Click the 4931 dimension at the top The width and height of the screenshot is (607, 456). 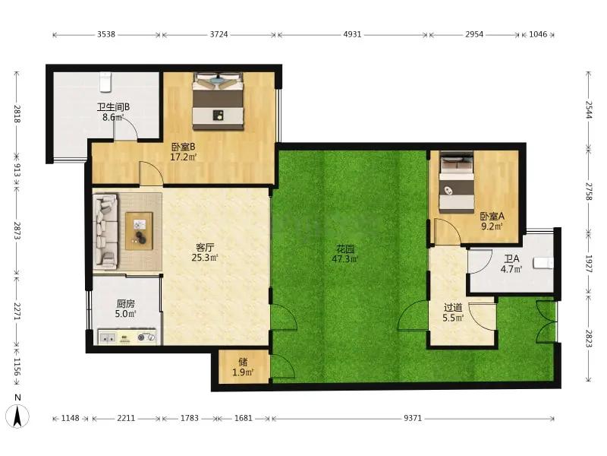coord(352,34)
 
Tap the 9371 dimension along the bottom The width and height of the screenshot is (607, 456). coord(413,418)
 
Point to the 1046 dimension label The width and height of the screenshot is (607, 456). coord(538,34)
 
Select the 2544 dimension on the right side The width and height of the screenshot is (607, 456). coord(589,109)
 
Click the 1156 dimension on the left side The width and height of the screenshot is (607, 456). coord(17,366)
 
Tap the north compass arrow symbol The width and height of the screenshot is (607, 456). coord(17,416)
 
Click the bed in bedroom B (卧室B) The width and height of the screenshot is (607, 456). coord(219,101)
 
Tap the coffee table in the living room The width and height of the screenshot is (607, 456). coord(139,231)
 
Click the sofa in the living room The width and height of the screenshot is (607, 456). coord(105,231)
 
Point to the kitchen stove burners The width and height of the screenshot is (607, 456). coord(146,337)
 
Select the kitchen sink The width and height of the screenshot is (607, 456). coord(107,337)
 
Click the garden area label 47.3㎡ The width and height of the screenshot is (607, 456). coord(345,258)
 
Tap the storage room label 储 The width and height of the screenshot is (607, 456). coord(243,362)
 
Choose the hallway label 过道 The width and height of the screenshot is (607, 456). coord(453,308)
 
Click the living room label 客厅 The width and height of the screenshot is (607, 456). coord(205,248)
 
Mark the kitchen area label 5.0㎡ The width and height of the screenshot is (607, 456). coord(126,314)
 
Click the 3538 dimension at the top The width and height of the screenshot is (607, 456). coord(106,34)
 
